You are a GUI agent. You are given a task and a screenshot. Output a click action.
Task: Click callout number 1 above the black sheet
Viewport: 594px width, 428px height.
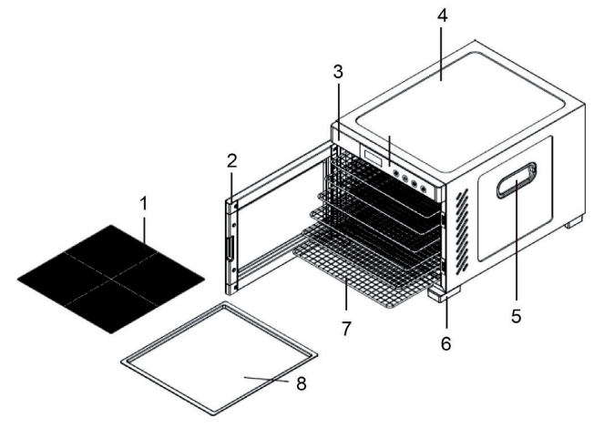click(143, 205)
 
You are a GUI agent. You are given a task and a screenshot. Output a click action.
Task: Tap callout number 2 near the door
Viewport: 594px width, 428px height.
click(232, 161)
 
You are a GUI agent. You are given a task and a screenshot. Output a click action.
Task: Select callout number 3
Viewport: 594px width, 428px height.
click(338, 72)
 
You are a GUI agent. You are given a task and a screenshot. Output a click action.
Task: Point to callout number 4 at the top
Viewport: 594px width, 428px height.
click(442, 15)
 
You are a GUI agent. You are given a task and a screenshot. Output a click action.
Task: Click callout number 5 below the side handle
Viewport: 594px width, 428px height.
click(516, 315)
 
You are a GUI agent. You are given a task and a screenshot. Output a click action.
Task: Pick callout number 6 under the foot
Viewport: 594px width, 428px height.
click(445, 343)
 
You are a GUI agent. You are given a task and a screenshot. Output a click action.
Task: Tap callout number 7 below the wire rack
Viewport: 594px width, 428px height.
click(346, 328)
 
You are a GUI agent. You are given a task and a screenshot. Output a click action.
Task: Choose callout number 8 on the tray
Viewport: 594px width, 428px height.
click(302, 383)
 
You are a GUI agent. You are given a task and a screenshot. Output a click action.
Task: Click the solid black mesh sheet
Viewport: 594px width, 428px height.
click(111, 280)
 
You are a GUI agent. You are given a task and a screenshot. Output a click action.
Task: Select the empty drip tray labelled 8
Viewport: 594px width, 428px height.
click(219, 358)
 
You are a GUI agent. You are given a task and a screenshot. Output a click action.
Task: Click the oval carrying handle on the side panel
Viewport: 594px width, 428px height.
click(517, 180)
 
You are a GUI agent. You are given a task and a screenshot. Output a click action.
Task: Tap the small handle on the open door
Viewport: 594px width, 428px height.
click(230, 248)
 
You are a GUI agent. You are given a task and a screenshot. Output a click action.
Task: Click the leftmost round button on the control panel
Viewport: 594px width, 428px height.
click(396, 173)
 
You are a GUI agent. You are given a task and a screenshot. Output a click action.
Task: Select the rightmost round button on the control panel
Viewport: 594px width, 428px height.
click(424, 189)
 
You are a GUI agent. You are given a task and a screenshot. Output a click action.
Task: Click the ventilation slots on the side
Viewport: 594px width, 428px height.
click(462, 231)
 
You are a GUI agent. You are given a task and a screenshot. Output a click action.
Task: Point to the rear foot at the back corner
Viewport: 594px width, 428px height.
click(574, 221)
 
